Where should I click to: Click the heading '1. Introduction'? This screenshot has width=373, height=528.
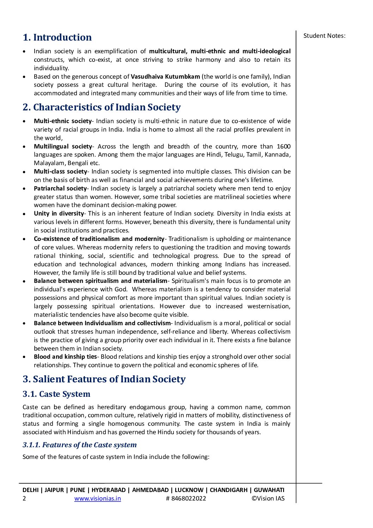point(57,37)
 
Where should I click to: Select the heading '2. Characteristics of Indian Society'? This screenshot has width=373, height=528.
point(102,107)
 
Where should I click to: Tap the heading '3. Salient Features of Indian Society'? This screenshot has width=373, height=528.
point(104,379)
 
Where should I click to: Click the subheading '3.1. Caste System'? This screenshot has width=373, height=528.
point(56,394)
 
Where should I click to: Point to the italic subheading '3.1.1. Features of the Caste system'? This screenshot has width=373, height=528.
point(79,445)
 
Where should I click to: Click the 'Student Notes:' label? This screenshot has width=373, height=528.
point(324,36)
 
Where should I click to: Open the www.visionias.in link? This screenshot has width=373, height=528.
point(98,498)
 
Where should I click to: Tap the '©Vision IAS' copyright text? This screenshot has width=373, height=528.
point(268,498)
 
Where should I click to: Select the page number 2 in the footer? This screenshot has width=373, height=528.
point(24,498)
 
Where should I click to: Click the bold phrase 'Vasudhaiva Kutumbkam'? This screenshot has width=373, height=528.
point(165,77)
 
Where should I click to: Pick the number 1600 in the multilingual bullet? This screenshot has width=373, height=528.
point(284,146)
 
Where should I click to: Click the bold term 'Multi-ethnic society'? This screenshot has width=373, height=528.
point(62,121)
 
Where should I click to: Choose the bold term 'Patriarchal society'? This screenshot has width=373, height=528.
point(60,188)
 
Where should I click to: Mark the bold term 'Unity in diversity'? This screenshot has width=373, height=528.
point(59,213)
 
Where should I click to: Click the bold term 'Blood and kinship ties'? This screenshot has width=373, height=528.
point(65,357)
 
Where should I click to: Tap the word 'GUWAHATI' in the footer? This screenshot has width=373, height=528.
point(269,490)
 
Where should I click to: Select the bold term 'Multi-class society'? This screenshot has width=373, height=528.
point(60,171)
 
